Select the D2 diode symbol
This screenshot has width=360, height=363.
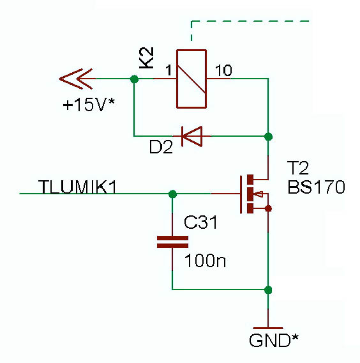(x=192, y=136)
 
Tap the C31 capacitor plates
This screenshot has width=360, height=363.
(x=172, y=242)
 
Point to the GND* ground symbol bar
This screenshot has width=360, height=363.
(x=268, y=328)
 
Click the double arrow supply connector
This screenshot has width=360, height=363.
(x=76, y=79)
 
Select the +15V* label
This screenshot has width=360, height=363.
(x=89, y=105)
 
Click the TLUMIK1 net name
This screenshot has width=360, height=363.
(x=77, y=187)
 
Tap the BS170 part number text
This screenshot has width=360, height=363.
(x=317, y=187)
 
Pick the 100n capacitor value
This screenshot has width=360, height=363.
(x=205, y=261)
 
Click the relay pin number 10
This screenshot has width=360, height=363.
(x=223, y=70)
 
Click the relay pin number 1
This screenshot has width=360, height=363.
(x=169, y=70)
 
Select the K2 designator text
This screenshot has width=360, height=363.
(x=147, y=58)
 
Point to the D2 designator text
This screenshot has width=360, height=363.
(x=161, y=147)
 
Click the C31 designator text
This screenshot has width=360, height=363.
(x=200, y=222)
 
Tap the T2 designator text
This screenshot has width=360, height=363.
(x=298, y=168)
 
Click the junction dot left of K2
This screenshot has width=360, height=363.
(x=134, y=79)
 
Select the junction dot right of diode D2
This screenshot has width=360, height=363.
(x=268, y=137)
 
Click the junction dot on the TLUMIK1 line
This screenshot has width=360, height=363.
(x=172, y=194)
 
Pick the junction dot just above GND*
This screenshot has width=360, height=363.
(x=268, y=290)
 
